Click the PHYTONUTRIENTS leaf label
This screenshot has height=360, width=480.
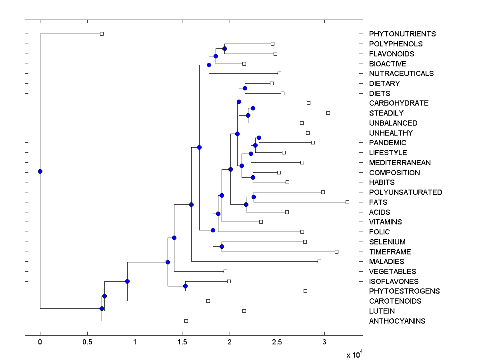pos(402,34)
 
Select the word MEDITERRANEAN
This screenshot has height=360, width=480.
pos(400,163)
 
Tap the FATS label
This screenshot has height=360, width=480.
pos(378,202)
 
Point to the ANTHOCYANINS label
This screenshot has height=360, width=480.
pos(397,321)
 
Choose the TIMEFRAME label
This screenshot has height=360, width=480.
pos(390,252)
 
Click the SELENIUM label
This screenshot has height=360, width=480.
pos(387,242)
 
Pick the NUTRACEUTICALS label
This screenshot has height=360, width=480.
pos(401,74)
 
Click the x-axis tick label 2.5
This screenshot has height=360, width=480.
pos(277,342)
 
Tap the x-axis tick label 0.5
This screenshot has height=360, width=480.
pos(87,342)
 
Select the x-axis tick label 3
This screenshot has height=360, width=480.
pos(324,342)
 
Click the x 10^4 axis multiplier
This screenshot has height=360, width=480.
pos(354,354)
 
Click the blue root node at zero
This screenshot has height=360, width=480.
pos(40,171)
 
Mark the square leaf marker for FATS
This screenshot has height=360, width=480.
pos(347,202)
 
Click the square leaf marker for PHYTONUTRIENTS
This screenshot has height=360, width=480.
pos(102,34)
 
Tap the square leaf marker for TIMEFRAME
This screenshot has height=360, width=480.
pos(336,252)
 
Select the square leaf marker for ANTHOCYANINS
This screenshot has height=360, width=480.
pos(186,321)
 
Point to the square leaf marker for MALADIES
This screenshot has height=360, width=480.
pos(319,261)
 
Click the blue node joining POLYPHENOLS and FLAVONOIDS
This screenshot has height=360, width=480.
pos(225,48)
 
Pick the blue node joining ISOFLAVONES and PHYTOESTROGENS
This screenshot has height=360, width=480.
pos(185,286)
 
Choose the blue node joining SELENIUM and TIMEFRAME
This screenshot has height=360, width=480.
pos(222,246)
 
